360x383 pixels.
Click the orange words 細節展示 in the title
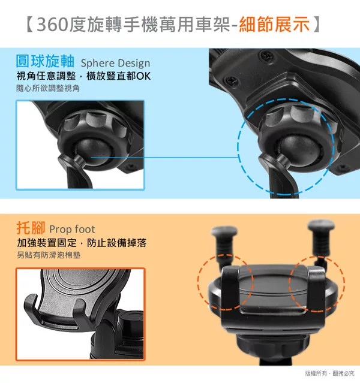tap(274, 25)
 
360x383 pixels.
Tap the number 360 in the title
tap(52, 25)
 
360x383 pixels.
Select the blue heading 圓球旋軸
tap(45, 61)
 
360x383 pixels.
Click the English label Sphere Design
tap(115, 63)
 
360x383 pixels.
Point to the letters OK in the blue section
tap(143, 76)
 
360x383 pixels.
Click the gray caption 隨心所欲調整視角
tap(48, 88)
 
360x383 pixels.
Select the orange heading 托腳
tap(31, 228)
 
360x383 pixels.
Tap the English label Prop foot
tap(72, 230)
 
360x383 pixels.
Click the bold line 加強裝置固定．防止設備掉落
tap(82, 243)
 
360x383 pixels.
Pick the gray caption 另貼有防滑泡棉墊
tap(49, 255)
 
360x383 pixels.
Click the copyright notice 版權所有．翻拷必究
tap(329, 373)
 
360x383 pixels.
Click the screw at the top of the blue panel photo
tap(266, 56)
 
